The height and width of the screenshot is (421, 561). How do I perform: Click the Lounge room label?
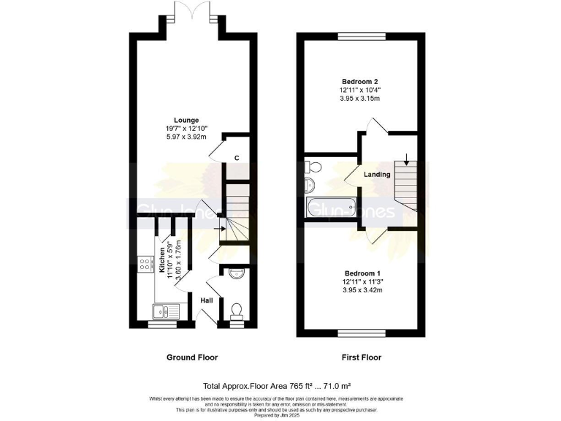183,120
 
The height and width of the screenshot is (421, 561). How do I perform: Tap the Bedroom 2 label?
359,81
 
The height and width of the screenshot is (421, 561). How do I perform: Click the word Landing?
377,175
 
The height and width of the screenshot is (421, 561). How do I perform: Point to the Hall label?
207,300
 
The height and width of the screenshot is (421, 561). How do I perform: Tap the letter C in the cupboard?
237,158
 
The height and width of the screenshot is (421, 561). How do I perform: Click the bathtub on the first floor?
329,209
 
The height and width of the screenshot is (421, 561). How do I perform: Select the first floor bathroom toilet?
310,167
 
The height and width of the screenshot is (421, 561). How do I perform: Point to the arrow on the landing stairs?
406,159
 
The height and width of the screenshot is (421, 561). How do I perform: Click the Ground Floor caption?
191,357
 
